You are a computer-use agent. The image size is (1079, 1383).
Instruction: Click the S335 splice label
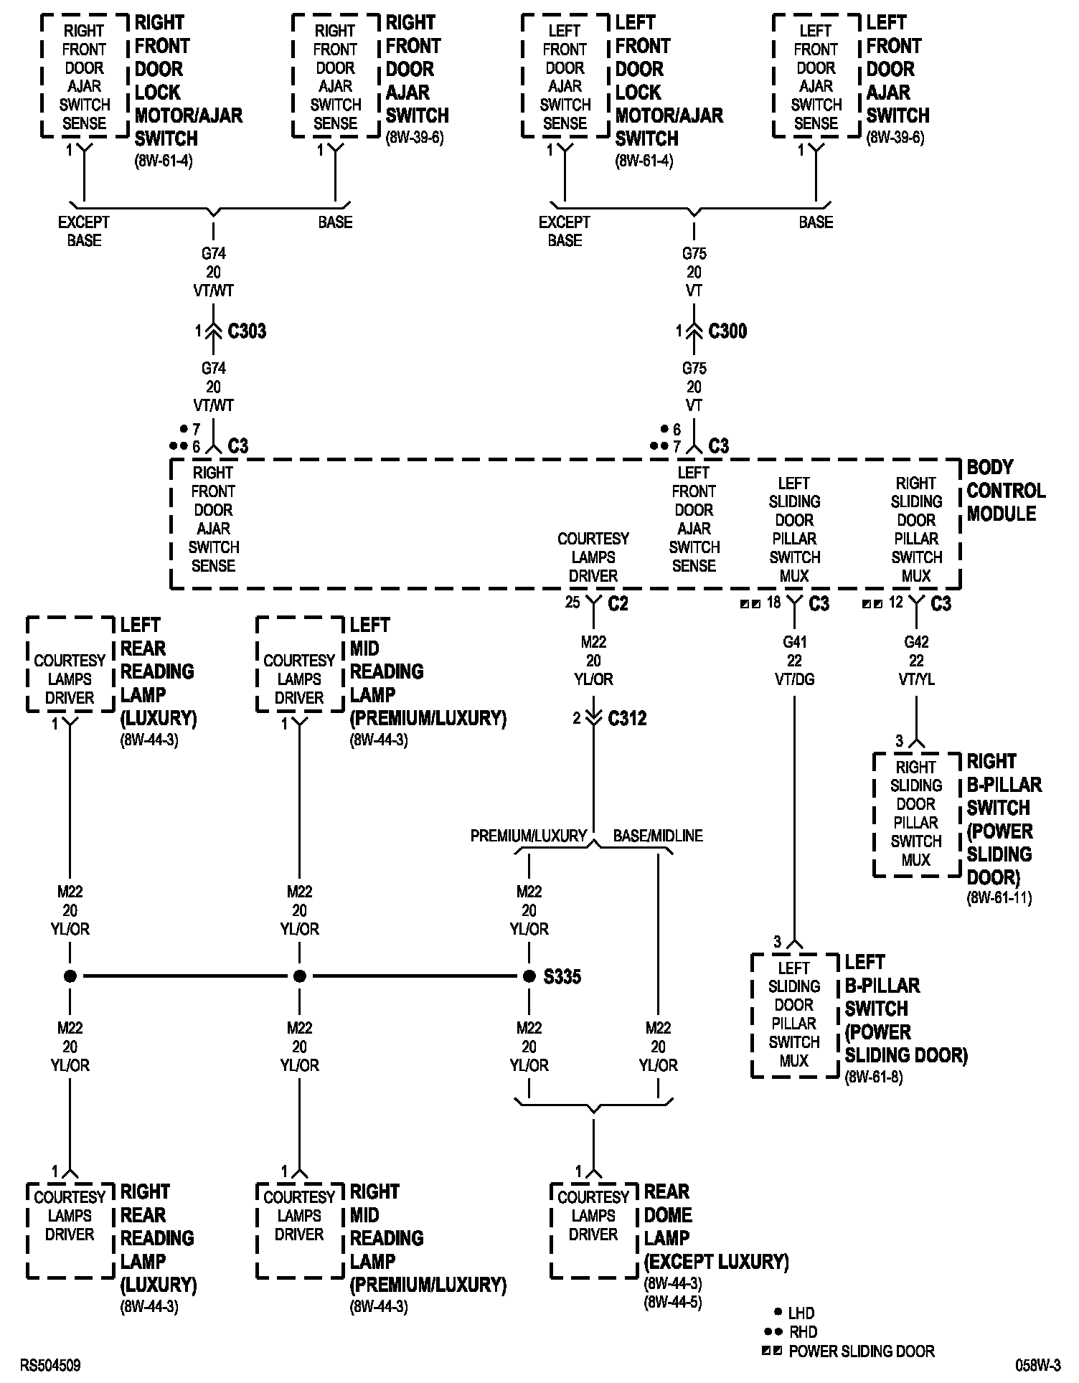click(562, 976)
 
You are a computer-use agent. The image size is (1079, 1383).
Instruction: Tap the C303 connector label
click(247, 331)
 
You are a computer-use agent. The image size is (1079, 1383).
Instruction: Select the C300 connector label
click(727, 331)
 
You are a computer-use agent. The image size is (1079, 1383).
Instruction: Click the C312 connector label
click(627, 718)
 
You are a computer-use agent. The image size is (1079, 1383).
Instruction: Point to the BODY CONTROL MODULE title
click(1006, 491)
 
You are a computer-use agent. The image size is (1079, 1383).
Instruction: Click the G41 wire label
click(794, 642)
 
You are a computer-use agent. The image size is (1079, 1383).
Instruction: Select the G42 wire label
click(916, 642)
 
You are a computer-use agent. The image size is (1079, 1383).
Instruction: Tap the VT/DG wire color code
click(794, 679)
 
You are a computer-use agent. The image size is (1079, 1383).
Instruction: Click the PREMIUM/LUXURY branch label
click(529, 836)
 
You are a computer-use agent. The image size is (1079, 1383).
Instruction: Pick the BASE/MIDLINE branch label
click(658, 836)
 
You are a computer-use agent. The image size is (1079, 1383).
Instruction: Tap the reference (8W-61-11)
click(999, 897)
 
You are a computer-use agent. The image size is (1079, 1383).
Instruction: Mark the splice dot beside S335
click(529, 976)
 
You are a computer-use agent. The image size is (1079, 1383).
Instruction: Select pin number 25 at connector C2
click(572, 602)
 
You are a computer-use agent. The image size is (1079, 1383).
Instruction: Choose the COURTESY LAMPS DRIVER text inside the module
click(593, 557)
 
